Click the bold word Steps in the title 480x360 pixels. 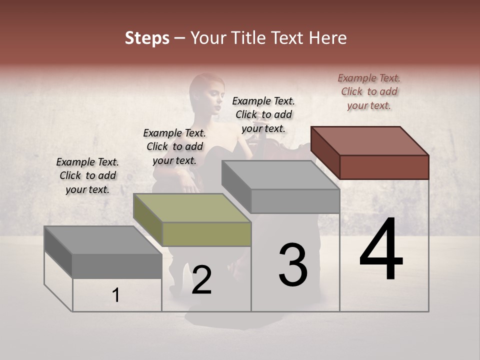point(147,38)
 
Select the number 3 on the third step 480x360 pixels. point(292,264)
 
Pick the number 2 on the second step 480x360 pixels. point(201,280)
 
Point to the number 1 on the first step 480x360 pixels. point(116,295)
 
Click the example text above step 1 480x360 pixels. point(87,175)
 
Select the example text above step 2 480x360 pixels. point(174,146)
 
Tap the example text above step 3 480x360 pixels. point(263,114)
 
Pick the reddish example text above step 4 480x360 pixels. point(369,91)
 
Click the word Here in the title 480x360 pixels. point(328,38)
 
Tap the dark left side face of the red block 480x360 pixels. point(325,152)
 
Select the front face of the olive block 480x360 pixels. point(207,234)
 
